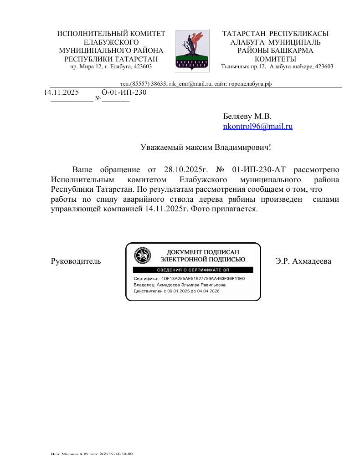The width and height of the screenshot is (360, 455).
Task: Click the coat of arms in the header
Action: (x=192, y=50)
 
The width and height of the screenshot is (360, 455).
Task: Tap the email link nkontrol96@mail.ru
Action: (x=257, y=127)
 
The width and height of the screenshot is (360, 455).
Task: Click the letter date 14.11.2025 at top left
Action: (x=62, y=92)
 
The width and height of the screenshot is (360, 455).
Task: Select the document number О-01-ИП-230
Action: (x=124, y=92)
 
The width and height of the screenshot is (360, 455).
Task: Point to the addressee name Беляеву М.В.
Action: (x=247, y=116)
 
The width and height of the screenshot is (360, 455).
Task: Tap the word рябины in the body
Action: (x=241, y=200)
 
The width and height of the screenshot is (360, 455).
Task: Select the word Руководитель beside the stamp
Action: (x=76, y=261)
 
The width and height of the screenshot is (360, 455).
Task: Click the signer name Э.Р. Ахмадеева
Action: (x=303, y=261)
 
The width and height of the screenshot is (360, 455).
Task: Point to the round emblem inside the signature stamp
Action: (x=141, y=255)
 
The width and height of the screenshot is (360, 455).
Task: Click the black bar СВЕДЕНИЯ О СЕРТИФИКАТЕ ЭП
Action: (x=193, y=270)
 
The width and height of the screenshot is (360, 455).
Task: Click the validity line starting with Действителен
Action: (x=176, y=291)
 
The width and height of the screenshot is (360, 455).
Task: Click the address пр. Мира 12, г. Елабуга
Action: (x=111, y=66)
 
